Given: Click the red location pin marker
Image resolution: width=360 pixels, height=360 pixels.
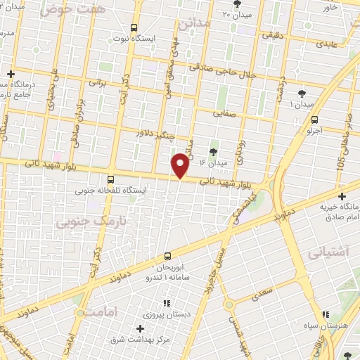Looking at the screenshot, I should (x=181, y=166).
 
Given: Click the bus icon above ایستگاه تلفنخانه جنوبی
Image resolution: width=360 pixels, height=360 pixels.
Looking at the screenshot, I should (x=110, y=179).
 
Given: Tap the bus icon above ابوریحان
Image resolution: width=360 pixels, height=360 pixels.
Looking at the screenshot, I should (x=167, y=257).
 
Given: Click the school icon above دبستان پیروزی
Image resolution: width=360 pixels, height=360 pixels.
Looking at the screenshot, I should (x=167, y=303).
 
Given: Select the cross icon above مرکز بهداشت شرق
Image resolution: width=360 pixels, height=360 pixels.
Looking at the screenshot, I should (x=140, y=328).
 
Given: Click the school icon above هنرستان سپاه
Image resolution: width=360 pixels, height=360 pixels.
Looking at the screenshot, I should (x=324, y=315).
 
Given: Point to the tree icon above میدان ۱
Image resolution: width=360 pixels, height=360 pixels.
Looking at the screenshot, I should (x=302, y=93).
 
